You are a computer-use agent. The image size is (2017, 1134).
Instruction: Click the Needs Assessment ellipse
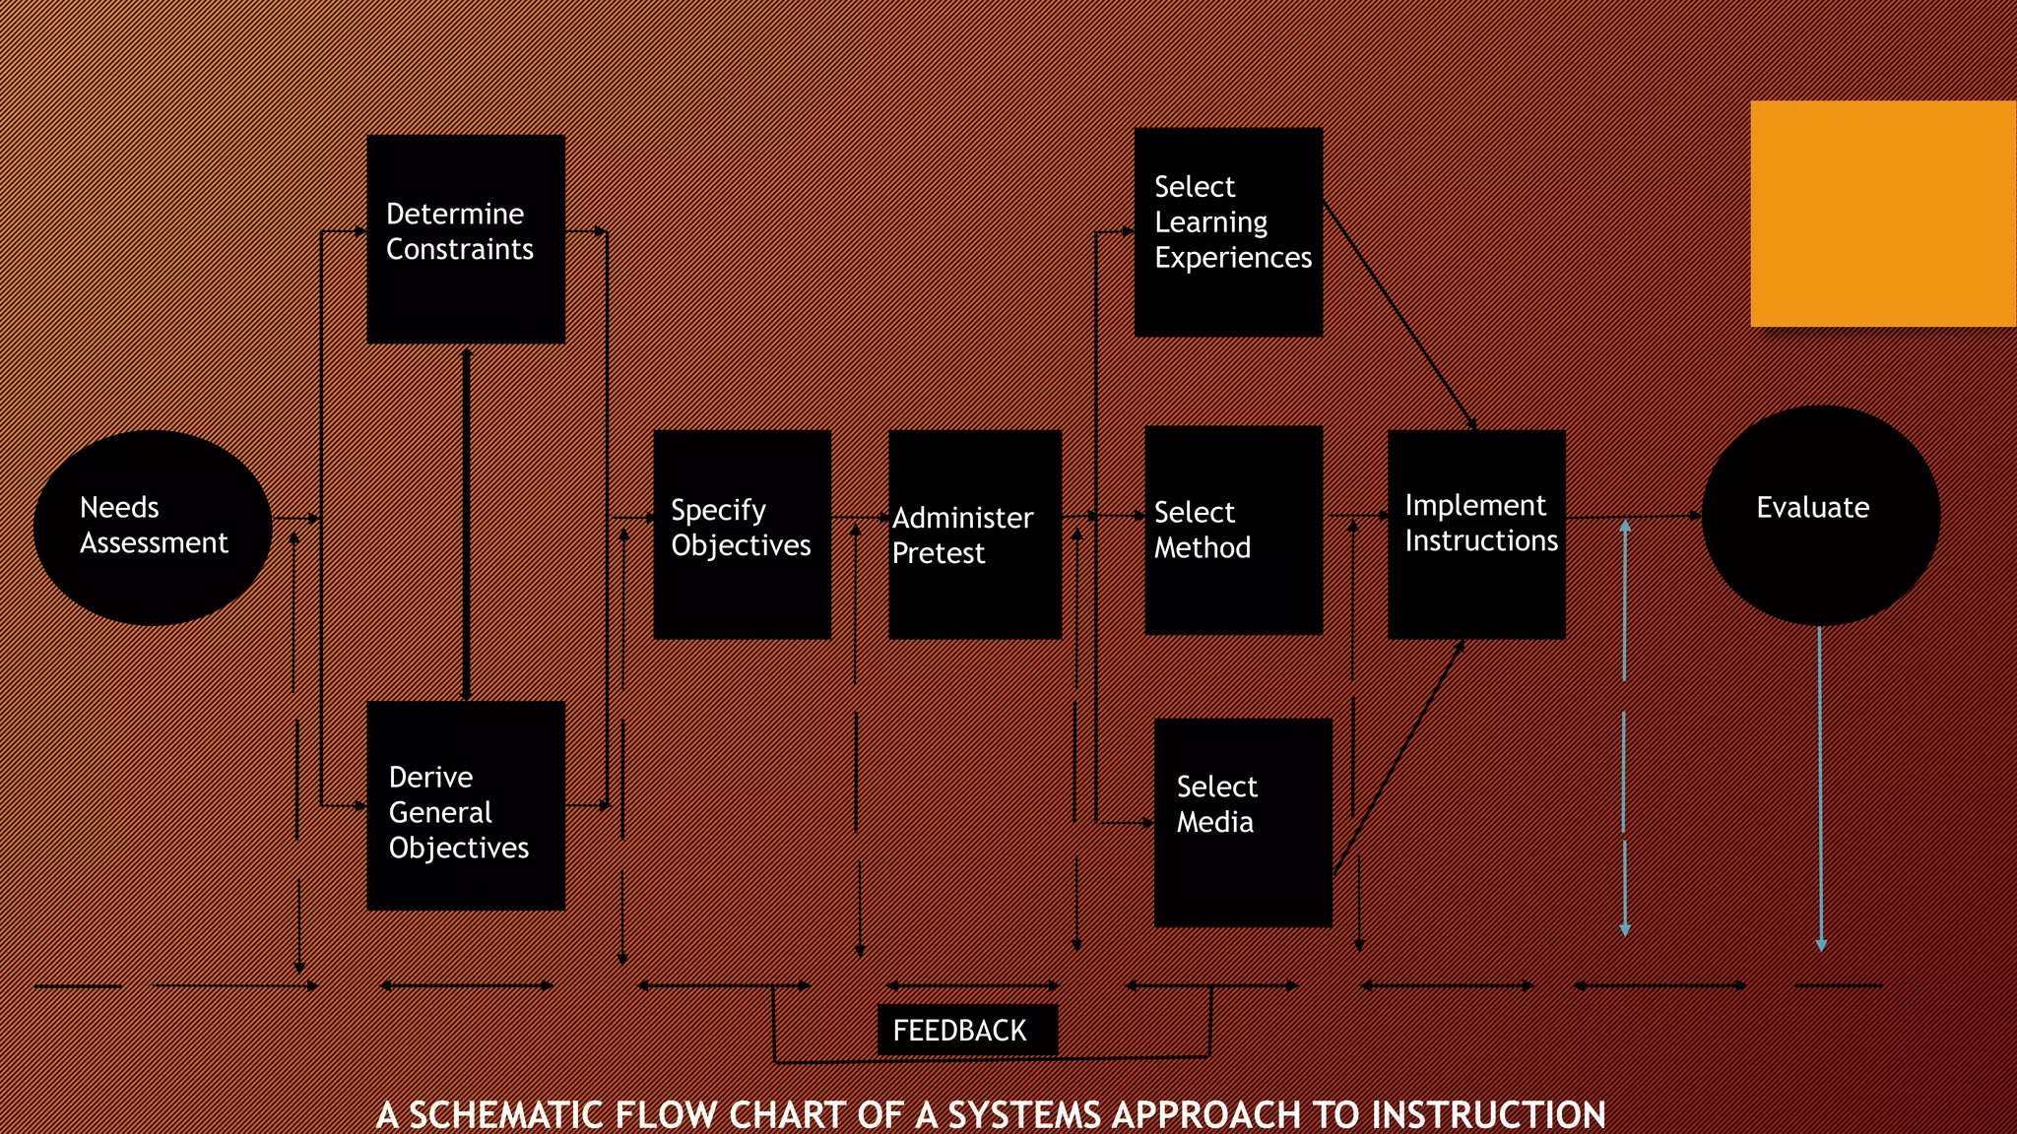(x=153, y=527)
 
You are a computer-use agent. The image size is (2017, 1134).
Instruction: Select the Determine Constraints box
(x=466, y=239)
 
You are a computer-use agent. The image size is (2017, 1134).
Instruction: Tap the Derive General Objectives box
(x=466, y=805)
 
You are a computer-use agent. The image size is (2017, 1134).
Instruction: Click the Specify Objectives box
(x=742, y=535)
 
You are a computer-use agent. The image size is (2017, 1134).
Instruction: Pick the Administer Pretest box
(x=974, y=535)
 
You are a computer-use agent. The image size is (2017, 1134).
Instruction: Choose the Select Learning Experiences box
(x=1228, y=232)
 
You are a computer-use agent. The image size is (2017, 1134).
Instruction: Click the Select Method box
(x=1233, y=531)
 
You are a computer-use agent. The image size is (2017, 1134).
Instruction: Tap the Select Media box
(x=1243, y=823)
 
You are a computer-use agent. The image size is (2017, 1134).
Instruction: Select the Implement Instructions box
(x=1475, y=535)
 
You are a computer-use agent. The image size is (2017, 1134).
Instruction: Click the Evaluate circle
(x=1820, y=515)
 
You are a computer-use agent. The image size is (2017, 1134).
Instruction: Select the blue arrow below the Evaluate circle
(x=1820, y=787)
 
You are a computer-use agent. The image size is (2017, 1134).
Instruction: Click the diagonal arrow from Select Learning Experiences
(x=1399, y=313)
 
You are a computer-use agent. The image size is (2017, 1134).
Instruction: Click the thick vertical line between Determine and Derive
(x=466, y=522)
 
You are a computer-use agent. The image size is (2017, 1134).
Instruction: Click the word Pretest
(x=938, y=554)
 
